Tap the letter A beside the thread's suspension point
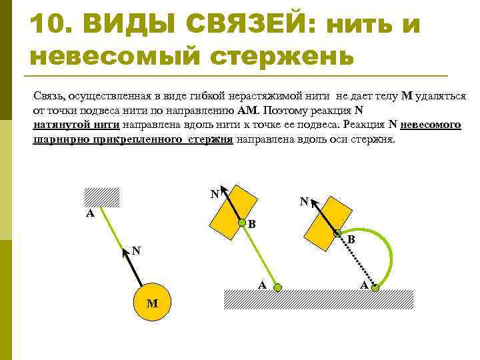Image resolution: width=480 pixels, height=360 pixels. point(89,215)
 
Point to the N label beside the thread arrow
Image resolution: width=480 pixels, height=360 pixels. point(135,251)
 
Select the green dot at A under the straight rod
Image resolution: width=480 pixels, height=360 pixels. point(279,288)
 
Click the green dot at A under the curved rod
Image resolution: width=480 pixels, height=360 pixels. point(376,288)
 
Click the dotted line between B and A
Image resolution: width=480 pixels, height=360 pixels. point(357,261)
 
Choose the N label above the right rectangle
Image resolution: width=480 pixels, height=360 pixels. point(304,201)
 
